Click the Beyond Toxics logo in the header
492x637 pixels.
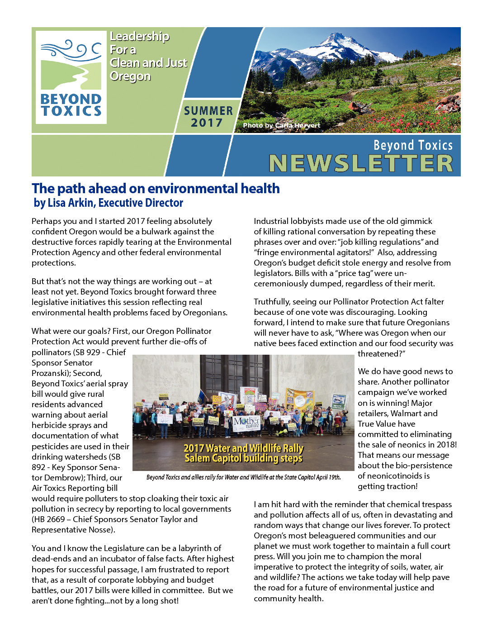coord(71,77)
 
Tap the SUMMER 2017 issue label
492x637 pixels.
coord(208,117)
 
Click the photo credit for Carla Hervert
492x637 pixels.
coord(281,125)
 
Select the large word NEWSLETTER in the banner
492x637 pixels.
coord(361,163)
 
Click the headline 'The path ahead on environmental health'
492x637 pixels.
coord(156,188)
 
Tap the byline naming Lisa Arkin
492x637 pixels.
coord(109,203)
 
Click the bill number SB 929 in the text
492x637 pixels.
coord(84,352)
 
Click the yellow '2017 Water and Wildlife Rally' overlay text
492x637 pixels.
coord(243,448)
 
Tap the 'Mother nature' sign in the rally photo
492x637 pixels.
coord(246,423)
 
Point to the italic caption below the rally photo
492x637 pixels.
coord(243,477)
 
